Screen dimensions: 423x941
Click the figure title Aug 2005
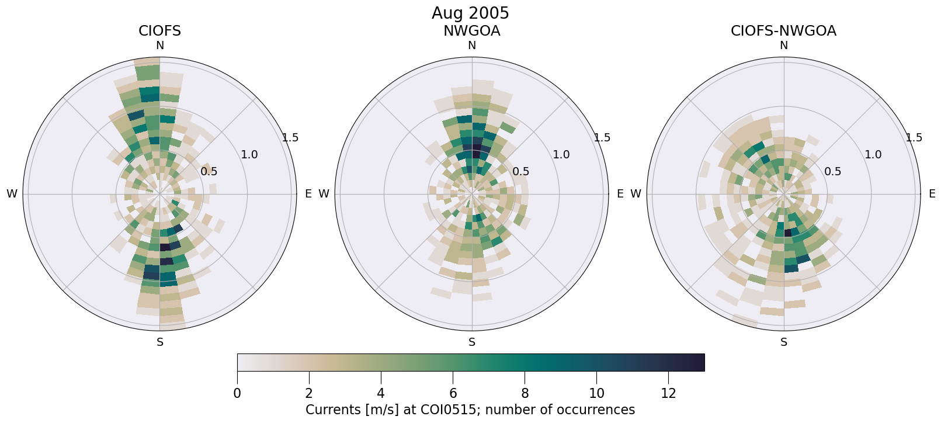[x=470, y=13]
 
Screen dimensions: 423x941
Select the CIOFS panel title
[x=159, y=31]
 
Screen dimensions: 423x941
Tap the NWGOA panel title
[x=471, y=31]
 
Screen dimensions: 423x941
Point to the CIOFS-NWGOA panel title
[x=783, y=31]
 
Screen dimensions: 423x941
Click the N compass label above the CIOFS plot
[x=159, y=46]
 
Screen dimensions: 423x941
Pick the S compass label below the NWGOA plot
[x=472, y=342]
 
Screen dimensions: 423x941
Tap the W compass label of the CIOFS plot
[x=12, y=194]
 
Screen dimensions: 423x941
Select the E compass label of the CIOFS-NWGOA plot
[x=932, y=194]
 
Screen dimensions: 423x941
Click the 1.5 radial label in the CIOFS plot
[x=290, y=138]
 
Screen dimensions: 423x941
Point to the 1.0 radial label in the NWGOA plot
[x=561, y=155]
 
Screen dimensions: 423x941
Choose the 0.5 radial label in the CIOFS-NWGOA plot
[x=833, y=172]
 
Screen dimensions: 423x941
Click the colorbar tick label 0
[x=237, y=394]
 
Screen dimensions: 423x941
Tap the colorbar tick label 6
[x=453, y=394]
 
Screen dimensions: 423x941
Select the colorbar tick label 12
[x=668, y=394]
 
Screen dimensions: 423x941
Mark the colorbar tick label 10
[x=596, y=394]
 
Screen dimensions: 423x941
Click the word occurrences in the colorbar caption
[x=600, y=410]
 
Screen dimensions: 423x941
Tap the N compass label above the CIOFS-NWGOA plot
[x=784, y=46]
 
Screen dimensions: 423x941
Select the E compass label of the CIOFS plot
[x=308, y=194]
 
